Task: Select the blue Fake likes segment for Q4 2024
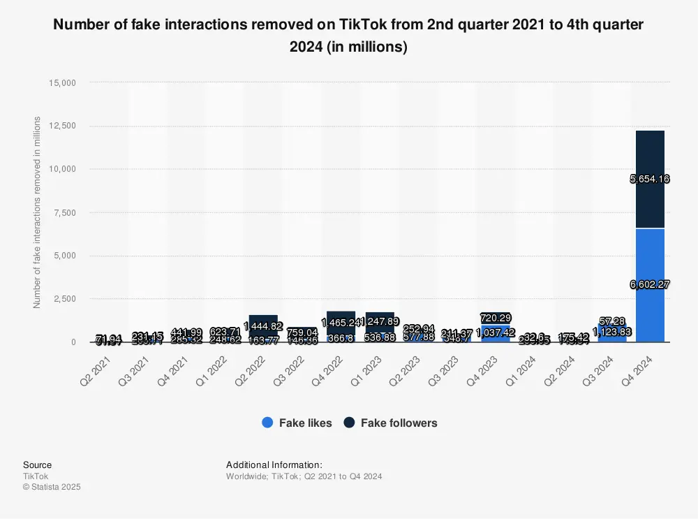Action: (x=650, y=307)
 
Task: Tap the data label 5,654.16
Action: (x=650, y=179)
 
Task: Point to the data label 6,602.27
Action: (x=650, y=285)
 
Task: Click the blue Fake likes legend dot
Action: (x=267, y=423)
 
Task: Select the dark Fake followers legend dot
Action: (x=349, y=423)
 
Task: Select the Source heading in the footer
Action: (x=37, y=465)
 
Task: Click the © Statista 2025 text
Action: (x=52, y=487)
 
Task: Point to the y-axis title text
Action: (x=38, y=212)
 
